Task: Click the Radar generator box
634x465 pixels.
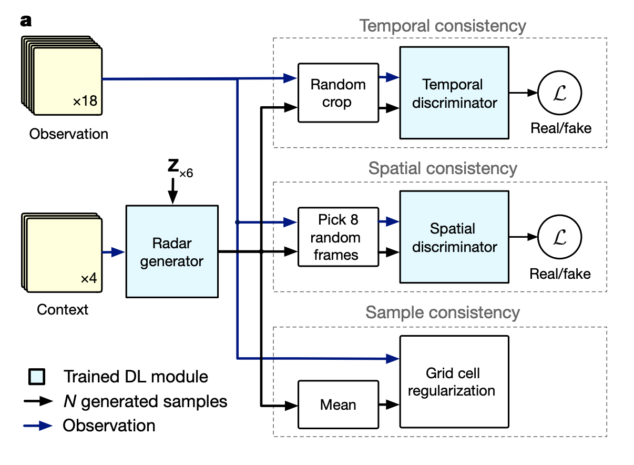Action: [171, 252]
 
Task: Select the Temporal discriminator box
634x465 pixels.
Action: [454, 93]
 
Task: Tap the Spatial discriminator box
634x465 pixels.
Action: [454, 237]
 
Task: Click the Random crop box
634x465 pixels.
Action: [338, 93]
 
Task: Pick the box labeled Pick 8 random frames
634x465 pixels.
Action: [338, 237]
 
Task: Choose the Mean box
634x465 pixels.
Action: [338, 405]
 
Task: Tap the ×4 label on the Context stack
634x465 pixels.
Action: [89, 278]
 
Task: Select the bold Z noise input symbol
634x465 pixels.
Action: [172, 166]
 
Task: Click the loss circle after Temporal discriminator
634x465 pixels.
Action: [560, 93]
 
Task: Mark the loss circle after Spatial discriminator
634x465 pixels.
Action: [560, 237]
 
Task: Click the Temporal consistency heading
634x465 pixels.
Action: [443, 25]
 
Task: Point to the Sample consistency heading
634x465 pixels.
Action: [443, 312]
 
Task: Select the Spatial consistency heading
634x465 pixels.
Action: [443, 168]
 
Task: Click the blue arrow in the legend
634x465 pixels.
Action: [38, 426]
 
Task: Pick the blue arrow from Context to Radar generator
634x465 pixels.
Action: [114, 252]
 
